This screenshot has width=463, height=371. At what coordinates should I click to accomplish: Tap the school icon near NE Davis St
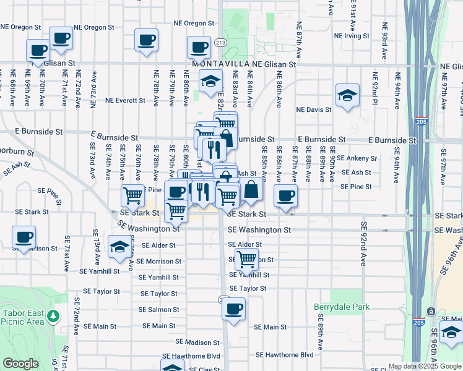347,95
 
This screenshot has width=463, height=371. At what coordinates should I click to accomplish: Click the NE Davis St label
314,109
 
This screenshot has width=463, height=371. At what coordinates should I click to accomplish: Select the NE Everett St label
126,100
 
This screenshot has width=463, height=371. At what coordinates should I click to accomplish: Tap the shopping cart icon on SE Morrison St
247,260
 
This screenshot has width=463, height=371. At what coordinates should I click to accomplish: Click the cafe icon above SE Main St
233,309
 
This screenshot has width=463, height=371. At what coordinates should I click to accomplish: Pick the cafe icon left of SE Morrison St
24,237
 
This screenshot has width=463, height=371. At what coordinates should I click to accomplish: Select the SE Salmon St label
158,309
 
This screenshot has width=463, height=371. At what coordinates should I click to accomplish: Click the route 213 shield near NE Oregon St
220,43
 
